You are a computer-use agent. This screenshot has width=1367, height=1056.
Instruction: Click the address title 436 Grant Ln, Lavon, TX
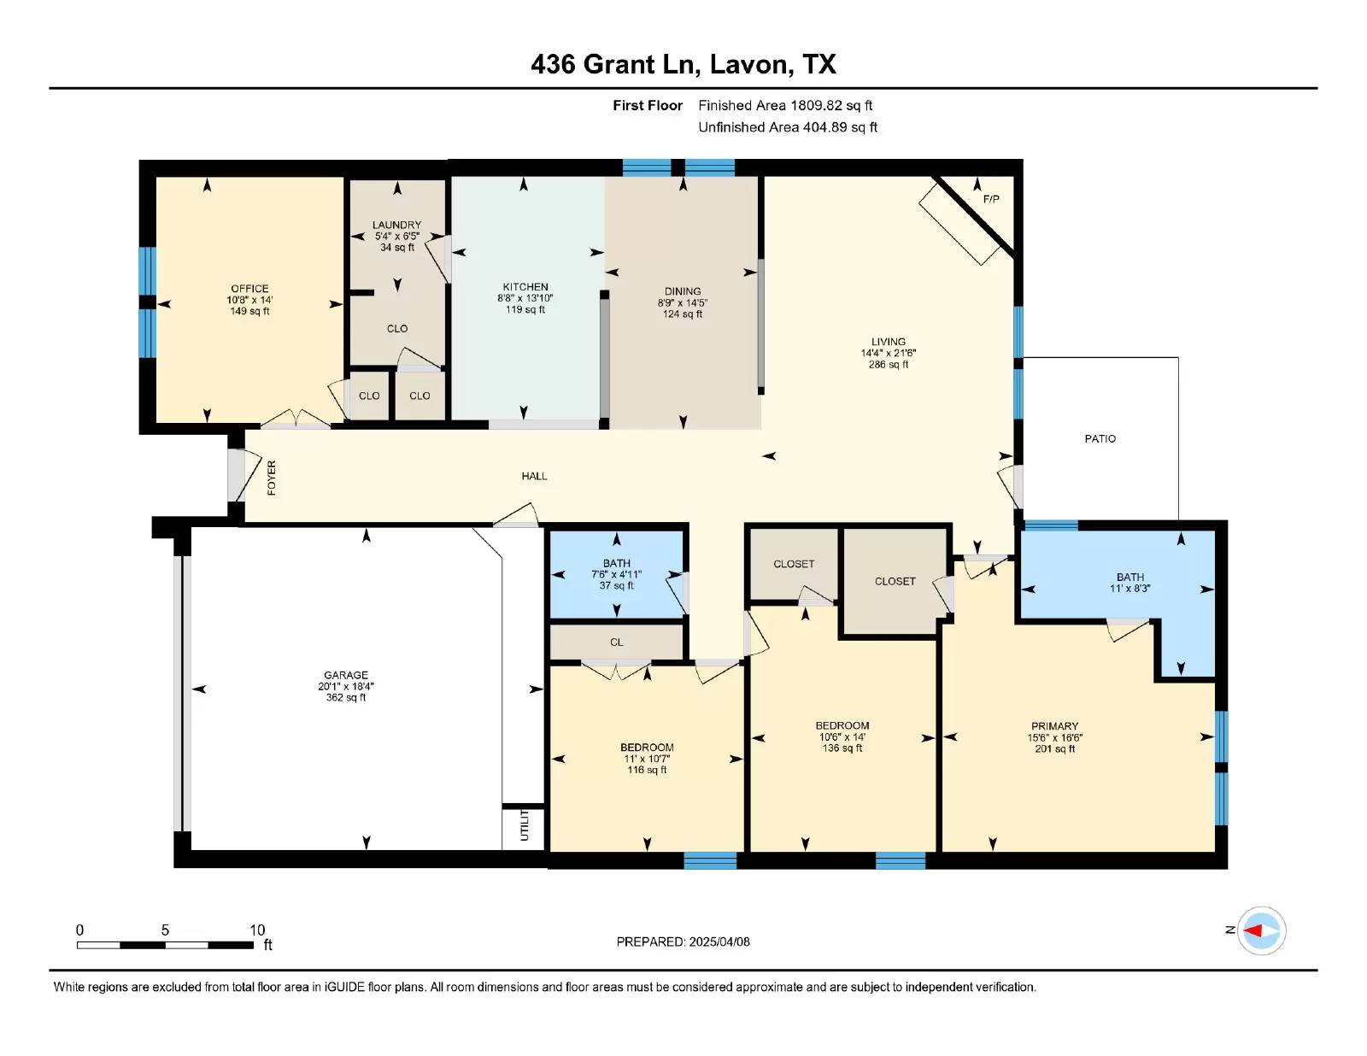683,64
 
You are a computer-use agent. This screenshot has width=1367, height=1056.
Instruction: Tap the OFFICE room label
249,289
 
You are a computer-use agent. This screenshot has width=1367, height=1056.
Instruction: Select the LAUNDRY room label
396,226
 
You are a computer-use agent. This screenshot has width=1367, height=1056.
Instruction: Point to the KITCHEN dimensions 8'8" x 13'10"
525,298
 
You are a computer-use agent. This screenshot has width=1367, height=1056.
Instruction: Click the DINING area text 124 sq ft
683,314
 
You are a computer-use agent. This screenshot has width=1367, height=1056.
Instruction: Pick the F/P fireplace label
991,199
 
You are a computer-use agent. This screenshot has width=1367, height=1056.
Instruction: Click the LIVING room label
889,342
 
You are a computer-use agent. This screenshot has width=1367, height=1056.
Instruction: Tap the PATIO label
1100,439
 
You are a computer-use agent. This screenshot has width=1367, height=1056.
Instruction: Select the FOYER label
272,478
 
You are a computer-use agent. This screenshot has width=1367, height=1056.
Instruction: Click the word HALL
534,476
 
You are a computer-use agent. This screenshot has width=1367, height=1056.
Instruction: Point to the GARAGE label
346,675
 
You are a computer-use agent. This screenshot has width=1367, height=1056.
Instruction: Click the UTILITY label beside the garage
525,825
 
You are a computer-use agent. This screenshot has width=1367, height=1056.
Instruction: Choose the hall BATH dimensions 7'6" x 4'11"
617,574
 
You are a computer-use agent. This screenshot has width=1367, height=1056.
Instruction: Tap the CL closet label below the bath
617,642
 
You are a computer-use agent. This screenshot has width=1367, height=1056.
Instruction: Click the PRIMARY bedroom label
1054,726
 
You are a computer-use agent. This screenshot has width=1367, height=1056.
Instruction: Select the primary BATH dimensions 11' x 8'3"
1130,589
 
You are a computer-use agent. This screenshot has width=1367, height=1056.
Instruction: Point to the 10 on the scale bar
257,930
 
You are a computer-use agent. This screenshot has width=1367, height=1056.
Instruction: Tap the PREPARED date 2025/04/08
719,942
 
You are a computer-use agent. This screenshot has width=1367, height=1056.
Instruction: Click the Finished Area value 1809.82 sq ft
831,106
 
